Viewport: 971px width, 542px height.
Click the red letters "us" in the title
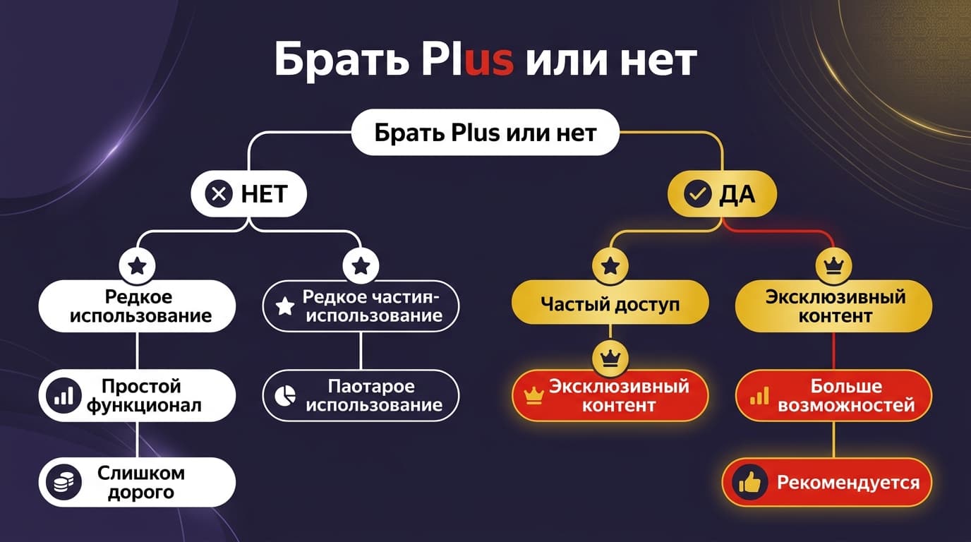pos(490,59)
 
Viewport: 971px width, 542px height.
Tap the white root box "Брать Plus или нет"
pos(485,132)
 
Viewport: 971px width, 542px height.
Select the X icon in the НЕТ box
pos(219,193)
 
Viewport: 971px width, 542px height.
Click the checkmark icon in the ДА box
pos(697,194)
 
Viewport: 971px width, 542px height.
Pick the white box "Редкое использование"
pos(137,306)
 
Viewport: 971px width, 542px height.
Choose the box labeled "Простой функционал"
pos(137,395)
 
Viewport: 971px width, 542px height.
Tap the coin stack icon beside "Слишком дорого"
pos(64,482)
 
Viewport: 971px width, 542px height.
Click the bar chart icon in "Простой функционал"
pos(64,395)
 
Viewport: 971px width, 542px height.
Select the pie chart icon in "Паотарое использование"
pos(285,395)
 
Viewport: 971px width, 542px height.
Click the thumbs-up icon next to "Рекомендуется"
pos(750,483)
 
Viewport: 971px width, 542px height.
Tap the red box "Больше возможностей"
pos(833,395)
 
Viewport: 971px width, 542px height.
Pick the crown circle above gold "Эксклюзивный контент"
pos(833,265)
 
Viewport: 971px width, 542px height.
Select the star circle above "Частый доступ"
pos(610,265)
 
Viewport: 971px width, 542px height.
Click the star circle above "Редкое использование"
pos(137,265)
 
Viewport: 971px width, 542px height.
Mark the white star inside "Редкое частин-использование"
pos(285,306)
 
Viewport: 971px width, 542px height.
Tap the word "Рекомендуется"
pos(848,483)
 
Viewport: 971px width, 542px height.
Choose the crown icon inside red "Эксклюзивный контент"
pos(533,395)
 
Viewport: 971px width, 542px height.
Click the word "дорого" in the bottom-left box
pos(141,493)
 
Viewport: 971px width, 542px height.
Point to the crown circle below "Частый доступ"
pos(610,358)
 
